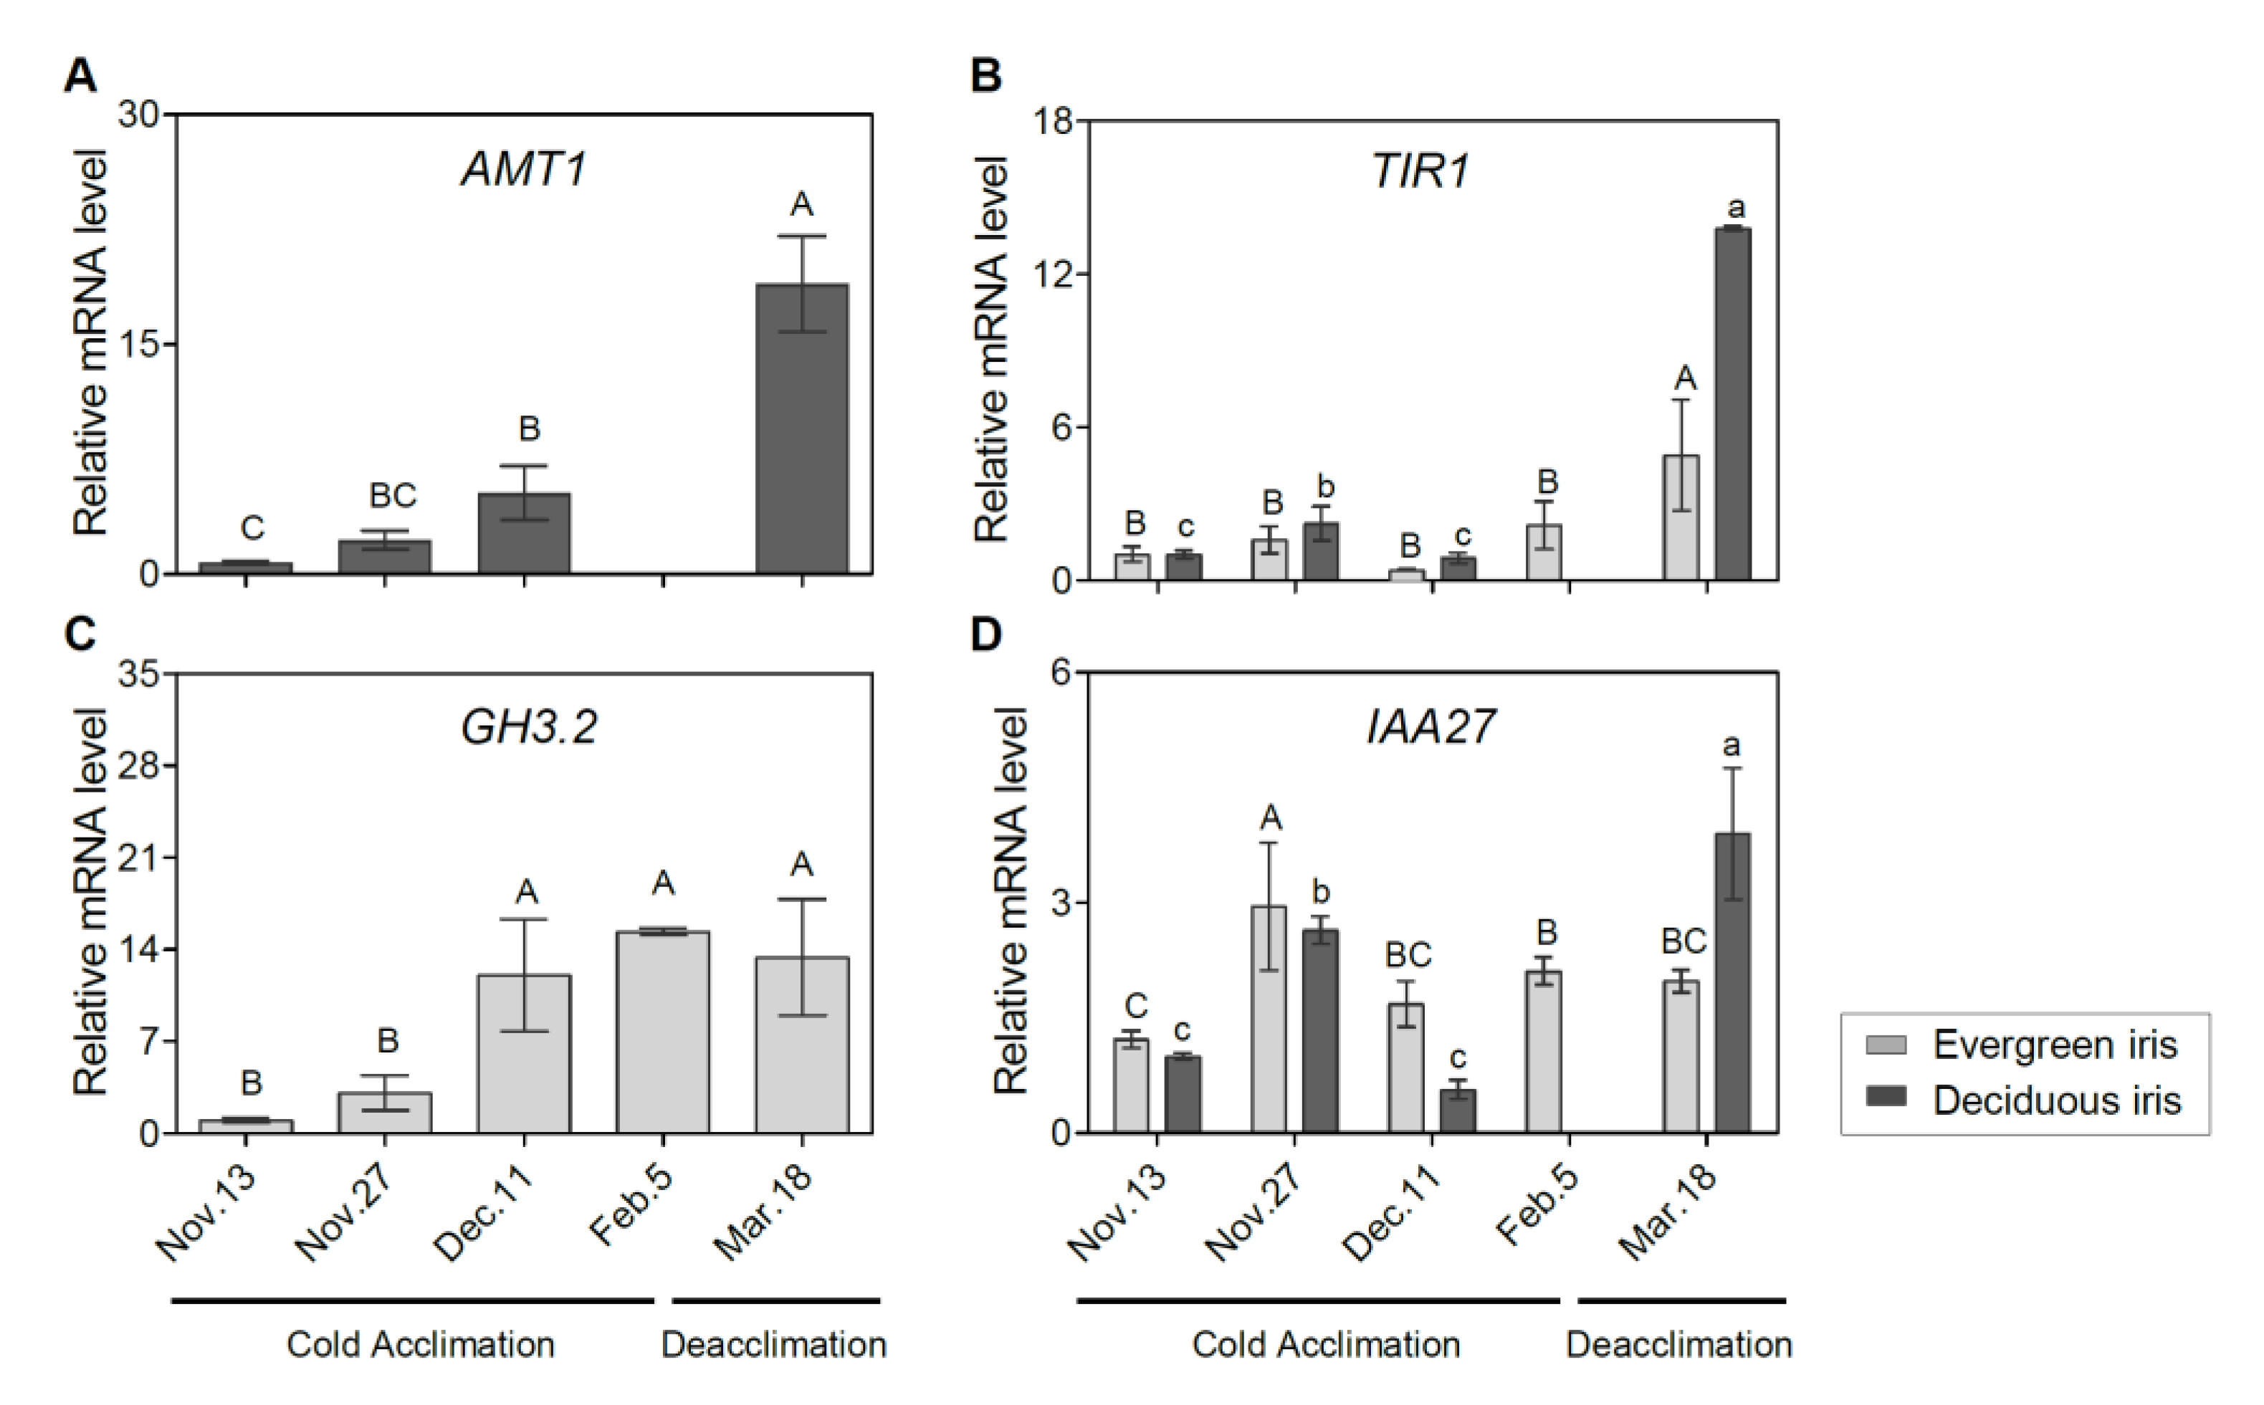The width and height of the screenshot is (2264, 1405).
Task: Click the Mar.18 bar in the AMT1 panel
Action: coord(801,428)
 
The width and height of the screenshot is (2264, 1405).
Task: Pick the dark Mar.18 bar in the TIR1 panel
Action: coord(1732,404)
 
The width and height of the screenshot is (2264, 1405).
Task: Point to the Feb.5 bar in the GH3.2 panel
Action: coord(663,1032)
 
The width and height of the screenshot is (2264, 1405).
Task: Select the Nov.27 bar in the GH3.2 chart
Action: coord(385,1112)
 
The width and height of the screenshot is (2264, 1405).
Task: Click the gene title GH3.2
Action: coord(528,727)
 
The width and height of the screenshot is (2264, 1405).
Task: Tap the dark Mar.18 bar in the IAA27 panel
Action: coord(1732,982)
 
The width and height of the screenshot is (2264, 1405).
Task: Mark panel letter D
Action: coord(985,634)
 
